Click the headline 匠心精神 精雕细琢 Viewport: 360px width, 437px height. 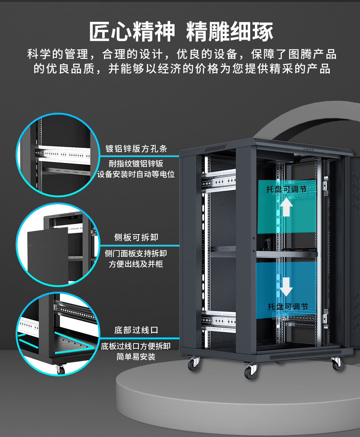[181, 32]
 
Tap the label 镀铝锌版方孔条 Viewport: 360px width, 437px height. [136, 149]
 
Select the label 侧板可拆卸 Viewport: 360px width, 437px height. [136, 238]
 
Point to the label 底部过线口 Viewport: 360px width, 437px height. [136, 330]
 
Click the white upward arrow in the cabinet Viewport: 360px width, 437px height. [286, 207]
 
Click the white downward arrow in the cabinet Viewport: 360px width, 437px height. [286, 286]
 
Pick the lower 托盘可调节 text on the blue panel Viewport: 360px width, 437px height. [288, 307]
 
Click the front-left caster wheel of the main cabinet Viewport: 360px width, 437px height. [193, 364]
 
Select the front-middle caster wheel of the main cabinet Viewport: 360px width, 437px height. [250, 372]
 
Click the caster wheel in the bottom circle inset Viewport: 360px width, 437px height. [60, 369]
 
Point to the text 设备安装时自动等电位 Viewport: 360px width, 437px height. [136, 175]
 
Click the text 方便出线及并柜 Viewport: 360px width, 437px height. [136, 264]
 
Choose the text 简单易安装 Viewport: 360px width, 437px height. [136, 357]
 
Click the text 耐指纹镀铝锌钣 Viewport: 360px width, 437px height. [136, 164]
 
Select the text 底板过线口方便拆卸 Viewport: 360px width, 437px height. [136, 346]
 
